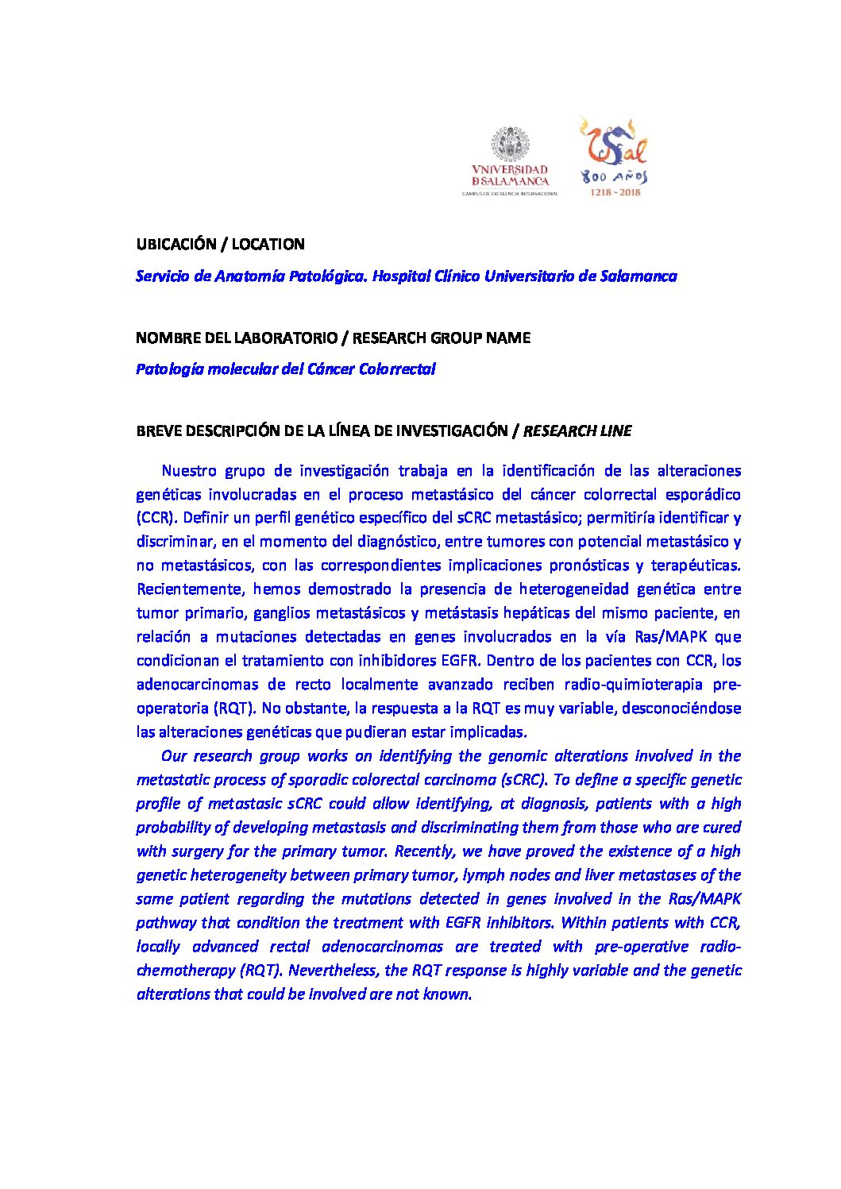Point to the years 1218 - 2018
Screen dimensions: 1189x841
(614, 192)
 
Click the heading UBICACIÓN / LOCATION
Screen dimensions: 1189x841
(220, 244)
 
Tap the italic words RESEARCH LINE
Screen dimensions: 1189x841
(577, 430)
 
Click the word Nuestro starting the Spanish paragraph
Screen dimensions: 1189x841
(187, 470)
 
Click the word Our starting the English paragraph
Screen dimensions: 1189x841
(173, 755)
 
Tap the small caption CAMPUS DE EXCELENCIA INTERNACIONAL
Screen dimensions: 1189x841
(510, 193)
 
